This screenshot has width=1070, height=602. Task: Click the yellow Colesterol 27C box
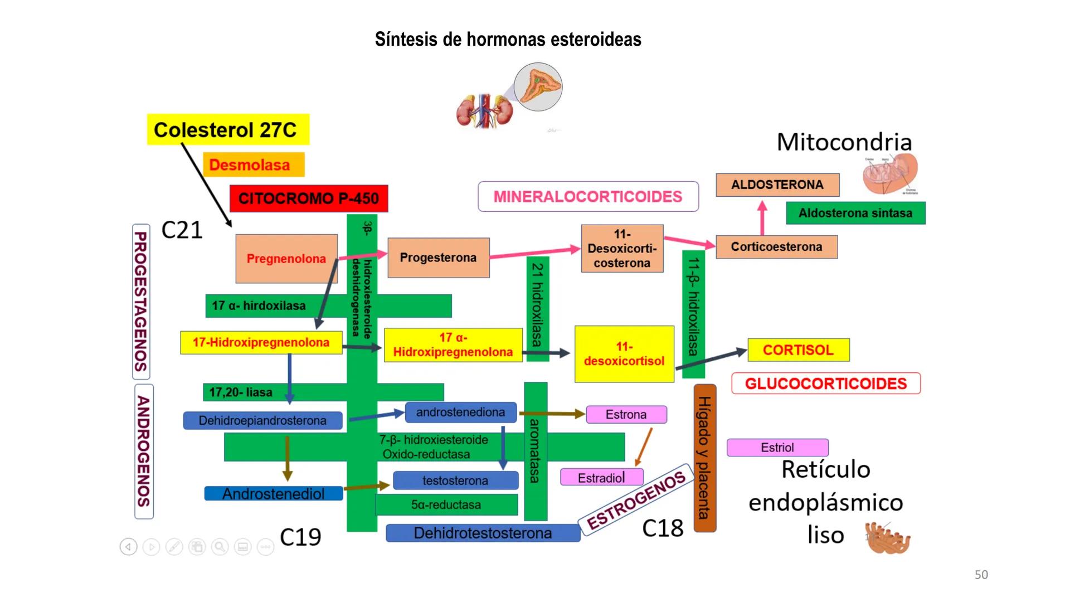click(228, 130)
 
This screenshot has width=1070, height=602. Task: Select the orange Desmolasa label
click(254, 165)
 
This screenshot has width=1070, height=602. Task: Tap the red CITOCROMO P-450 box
click(309, 198)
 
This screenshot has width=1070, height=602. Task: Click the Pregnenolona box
click(286, 259)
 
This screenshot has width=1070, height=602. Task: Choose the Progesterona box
click(439, 258)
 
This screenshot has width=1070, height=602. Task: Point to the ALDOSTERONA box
click(777, 185)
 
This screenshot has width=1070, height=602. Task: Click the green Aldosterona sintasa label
click(855, 213)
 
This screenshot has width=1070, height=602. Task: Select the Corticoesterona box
click(776, 247)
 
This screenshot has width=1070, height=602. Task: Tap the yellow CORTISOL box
click(798, 350)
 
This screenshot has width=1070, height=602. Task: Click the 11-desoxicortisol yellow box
click(624, 354)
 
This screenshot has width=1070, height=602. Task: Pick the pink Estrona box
click(626, 415)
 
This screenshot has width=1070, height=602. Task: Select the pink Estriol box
click(777, 448)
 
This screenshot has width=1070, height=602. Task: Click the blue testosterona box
click(455, 480)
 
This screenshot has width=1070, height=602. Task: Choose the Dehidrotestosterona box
click(483, 533)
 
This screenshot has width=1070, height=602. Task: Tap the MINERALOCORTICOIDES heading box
click(588, 197)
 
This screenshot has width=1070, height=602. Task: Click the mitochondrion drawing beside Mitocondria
click(890, 174)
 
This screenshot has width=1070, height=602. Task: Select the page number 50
click(981, 575)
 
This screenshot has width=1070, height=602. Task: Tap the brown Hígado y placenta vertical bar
click(704, 457)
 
